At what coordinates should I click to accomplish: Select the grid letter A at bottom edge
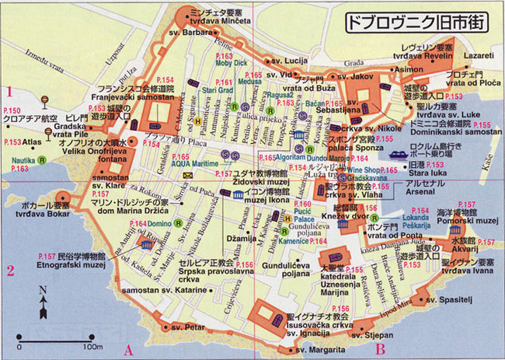coord(129,350)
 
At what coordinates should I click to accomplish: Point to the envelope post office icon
coord(187,175)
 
